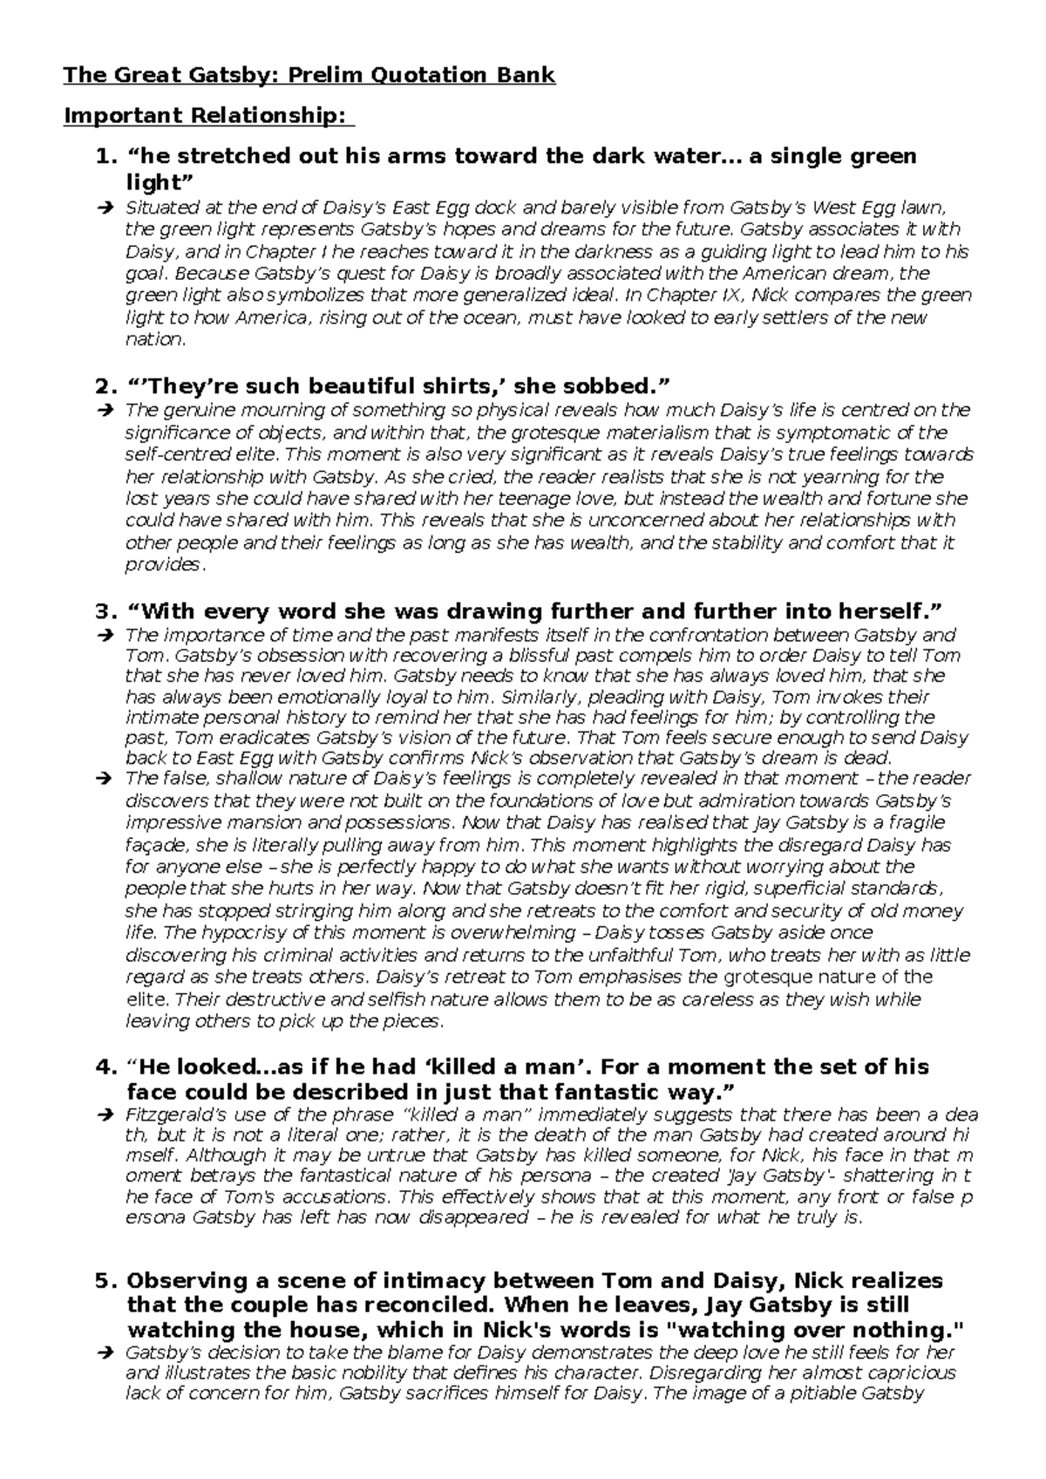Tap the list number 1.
click(105, 156)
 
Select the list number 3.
click(105, 610)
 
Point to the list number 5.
click(105, 1281)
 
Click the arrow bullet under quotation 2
click(105, 411)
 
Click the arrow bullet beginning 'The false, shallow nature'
click(105, 779)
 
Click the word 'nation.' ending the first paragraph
click(156, 339)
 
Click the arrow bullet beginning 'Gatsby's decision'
click(105, 1353)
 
